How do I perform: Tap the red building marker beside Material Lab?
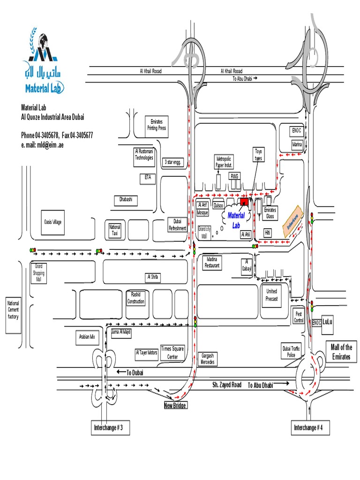(244, 202)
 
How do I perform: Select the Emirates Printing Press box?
(156, 125)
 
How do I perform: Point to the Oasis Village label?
(52, 222)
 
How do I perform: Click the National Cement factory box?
(13, 310)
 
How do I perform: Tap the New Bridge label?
(175, 405)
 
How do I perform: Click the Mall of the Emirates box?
(341, 352)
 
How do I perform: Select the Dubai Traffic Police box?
(291, 352)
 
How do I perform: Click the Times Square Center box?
(172, 352)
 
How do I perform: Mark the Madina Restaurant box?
(212, 262)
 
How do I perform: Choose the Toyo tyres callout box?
(258, 155)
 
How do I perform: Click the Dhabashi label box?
(126, 200)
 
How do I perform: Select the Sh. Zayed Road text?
(226, 385)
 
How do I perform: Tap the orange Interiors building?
(292, 218)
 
